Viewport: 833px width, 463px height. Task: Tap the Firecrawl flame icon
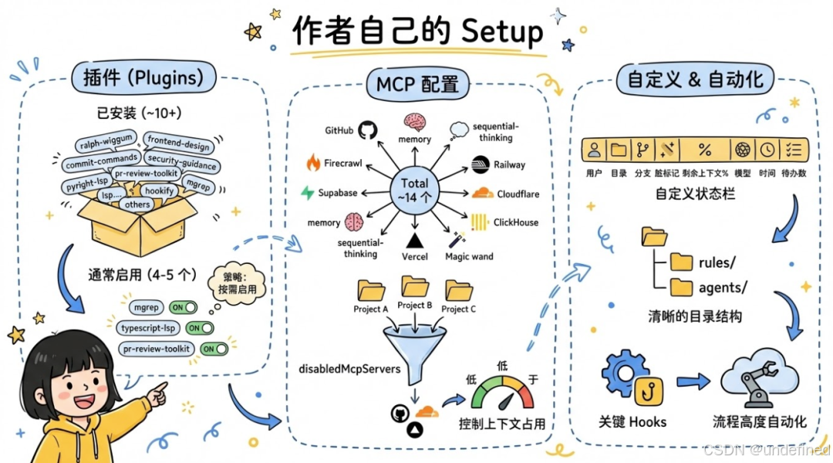point(313,163)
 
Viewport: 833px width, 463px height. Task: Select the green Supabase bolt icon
point(308,193)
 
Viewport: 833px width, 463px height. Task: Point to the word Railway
point(510,164)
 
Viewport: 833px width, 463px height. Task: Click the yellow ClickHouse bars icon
point(479,222)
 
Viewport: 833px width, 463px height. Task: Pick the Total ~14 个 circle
point(414,190)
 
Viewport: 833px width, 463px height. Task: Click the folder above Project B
point(415,286)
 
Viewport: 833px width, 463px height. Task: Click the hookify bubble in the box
point(159,189)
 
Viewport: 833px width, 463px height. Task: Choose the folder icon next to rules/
point(681,262)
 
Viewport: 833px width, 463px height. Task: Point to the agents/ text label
point(723,288)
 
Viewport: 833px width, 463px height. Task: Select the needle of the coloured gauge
point(505,400)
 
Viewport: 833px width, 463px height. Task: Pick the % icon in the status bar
point(704,149)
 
